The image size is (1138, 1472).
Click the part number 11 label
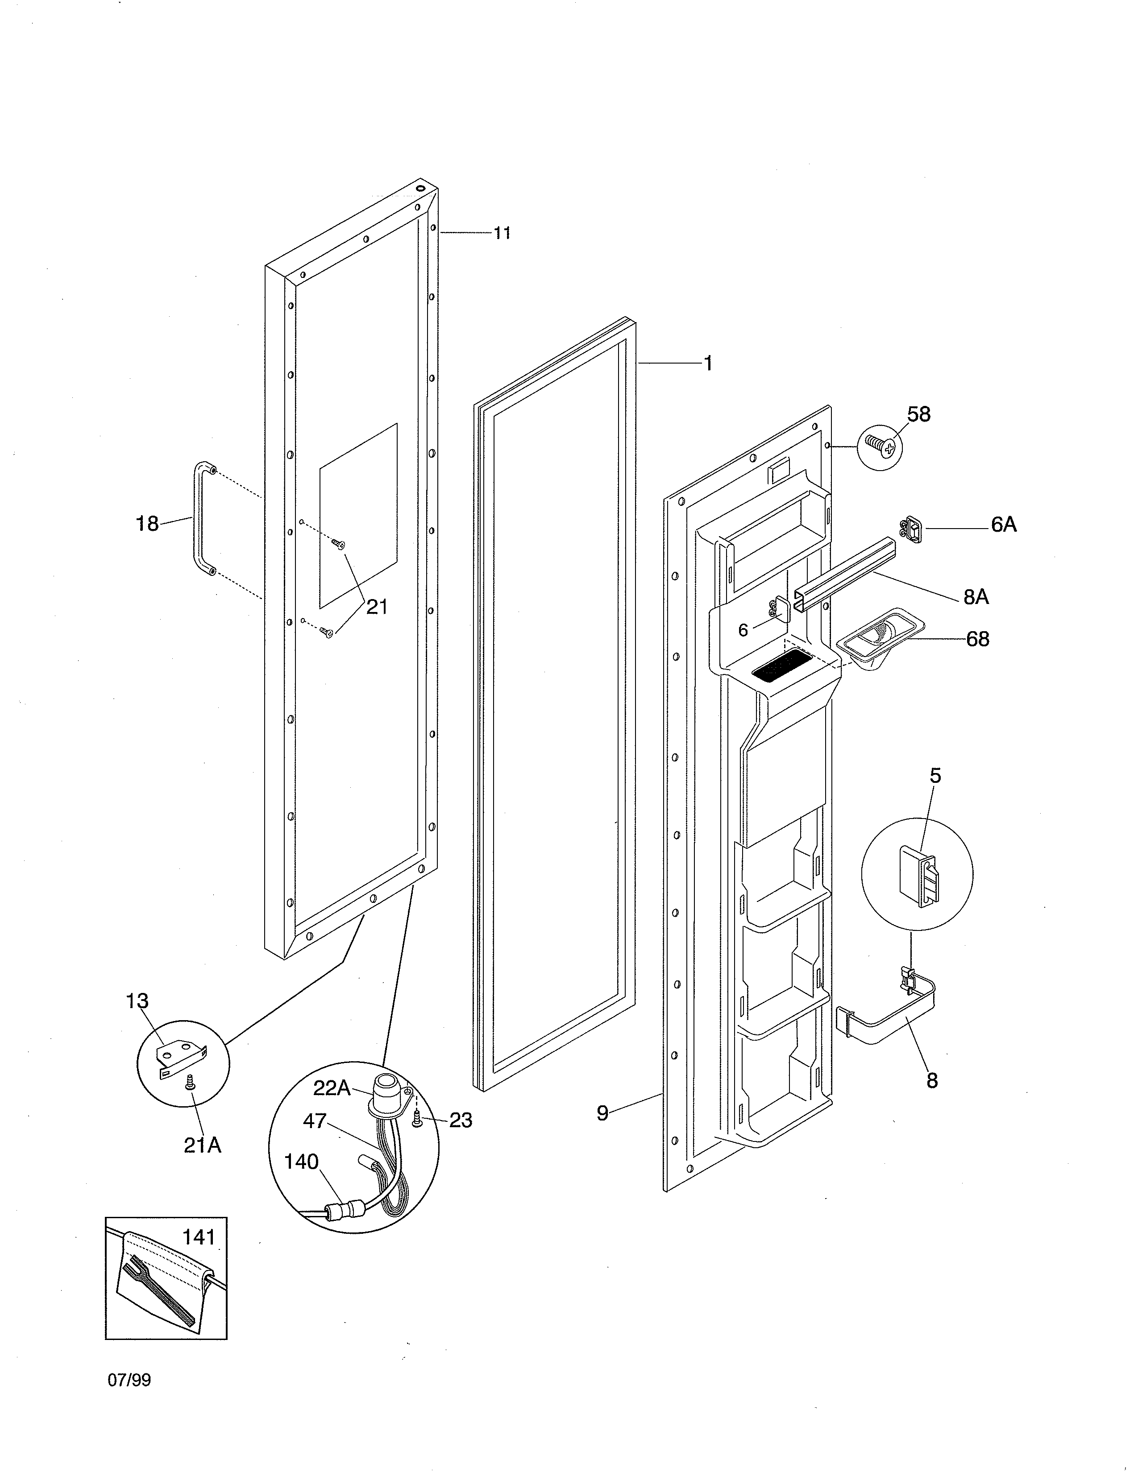click(x=502, y=233)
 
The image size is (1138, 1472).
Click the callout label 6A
click(x=1003, y=525)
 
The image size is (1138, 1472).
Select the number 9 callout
click(x=602, y=1113)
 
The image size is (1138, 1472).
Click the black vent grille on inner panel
click(x=781, y=670)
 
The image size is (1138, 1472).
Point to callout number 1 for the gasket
click(x=708, y=364)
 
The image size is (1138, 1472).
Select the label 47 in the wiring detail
click(x=315, y=1121)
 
